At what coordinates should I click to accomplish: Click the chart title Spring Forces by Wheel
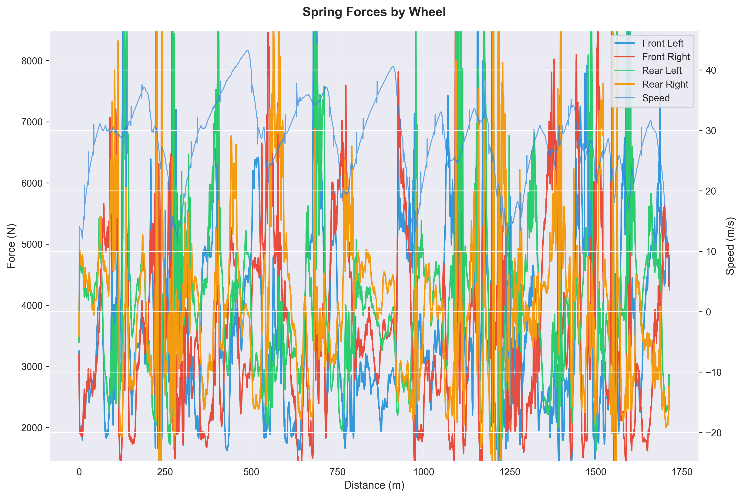374,12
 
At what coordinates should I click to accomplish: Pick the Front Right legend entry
666,57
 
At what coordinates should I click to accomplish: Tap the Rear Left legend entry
662,71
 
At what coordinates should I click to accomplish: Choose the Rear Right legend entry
665,84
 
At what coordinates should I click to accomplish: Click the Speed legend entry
656,98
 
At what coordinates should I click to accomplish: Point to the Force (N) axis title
11,246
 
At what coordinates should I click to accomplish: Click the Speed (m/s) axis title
730,246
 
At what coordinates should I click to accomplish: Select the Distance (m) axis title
374,485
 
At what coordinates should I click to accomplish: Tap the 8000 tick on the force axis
32,61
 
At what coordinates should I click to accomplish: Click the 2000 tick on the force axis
32,428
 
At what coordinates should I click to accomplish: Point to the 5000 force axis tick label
32,245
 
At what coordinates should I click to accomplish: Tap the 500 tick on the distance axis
251,472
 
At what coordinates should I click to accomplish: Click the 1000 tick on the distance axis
424,472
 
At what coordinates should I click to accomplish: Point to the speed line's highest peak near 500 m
247,50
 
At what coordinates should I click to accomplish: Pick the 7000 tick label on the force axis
32,122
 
